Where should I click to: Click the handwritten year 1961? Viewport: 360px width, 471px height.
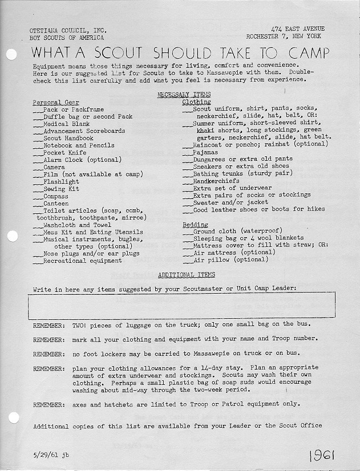coord(322,455)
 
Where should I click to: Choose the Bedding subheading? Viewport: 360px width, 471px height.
coord(195,225)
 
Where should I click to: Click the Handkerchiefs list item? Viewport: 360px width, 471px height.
coord(216,181)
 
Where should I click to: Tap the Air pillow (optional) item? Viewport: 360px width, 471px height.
coord(230,259)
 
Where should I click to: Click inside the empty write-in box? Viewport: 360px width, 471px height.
coord(181,305)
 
